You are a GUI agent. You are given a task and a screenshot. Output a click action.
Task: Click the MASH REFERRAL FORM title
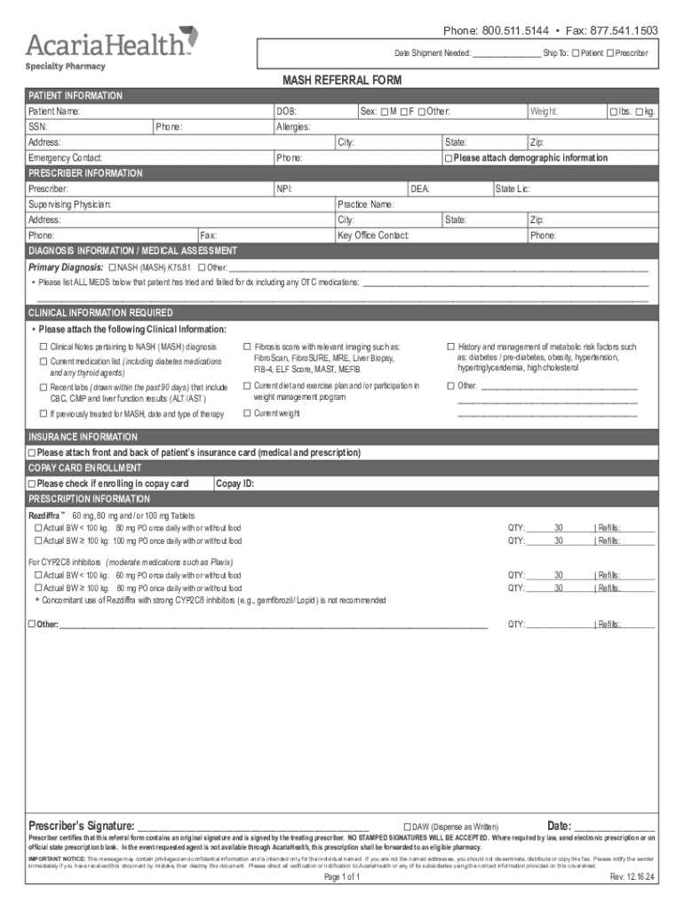click(342, 80)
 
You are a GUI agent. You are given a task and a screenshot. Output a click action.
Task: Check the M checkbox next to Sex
click(384, 111)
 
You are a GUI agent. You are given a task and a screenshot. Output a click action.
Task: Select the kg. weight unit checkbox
click(640, 111)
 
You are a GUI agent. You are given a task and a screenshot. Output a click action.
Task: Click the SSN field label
click(37, 127)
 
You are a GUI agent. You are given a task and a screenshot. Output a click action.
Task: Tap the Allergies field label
click(294, 127)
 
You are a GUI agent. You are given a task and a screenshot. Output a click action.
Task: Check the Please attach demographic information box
click(449, 158)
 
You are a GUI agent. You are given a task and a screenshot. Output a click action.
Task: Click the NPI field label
click(284, 189)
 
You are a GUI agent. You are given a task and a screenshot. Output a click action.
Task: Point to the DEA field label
click(420, 189)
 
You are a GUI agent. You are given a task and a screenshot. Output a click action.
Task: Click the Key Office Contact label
click(373, 235)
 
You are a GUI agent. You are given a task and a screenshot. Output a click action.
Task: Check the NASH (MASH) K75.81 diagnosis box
click(112, 267)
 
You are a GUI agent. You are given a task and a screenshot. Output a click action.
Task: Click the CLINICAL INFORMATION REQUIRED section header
click(100, 313)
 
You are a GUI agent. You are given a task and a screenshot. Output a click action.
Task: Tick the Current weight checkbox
click(247, 413)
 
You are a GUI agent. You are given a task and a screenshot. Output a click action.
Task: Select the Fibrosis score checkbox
click(247, 347)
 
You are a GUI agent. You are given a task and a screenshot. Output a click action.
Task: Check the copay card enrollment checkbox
click(32, 483)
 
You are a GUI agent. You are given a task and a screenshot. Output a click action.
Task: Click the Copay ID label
click(235, 483)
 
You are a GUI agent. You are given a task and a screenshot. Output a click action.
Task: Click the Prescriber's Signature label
click(82, 825)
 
